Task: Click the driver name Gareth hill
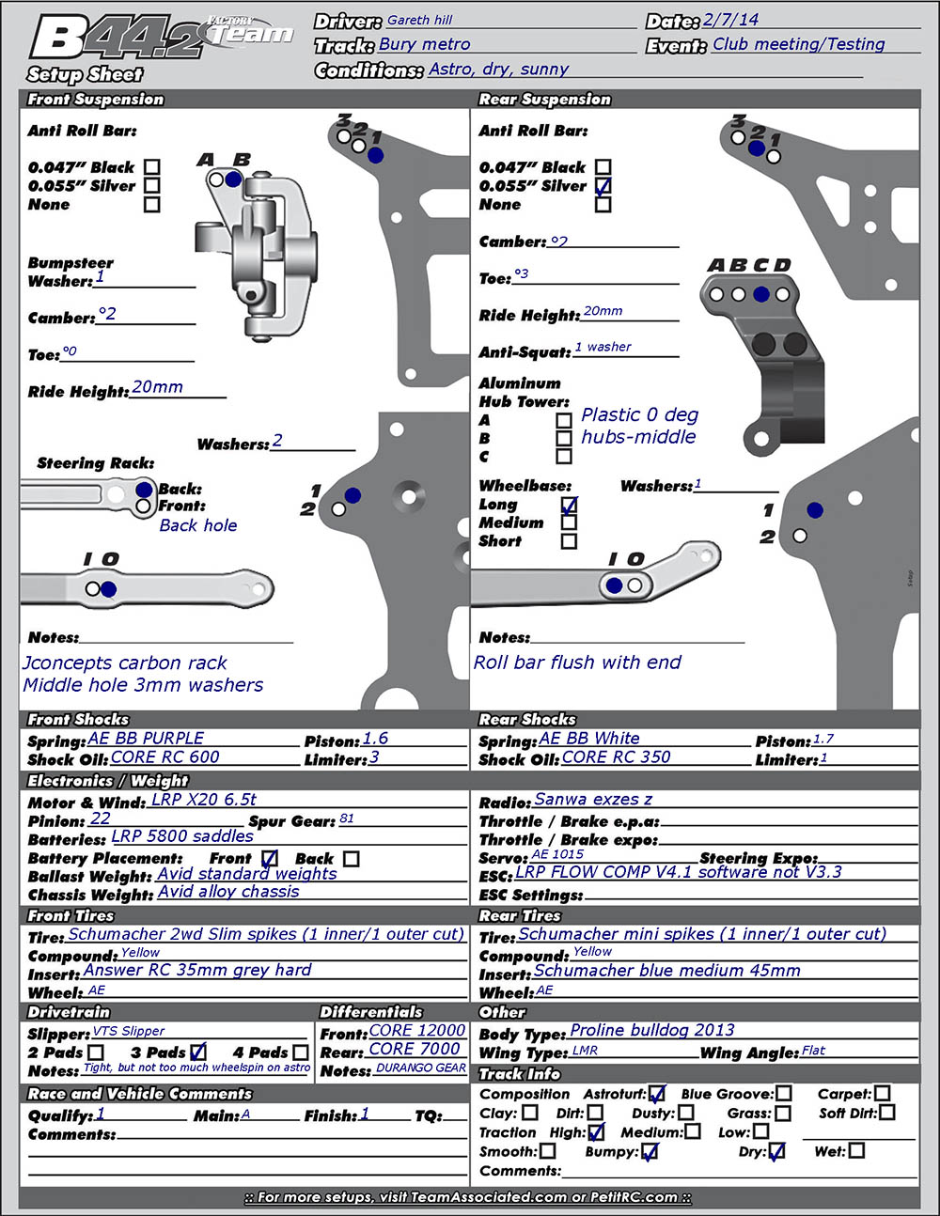click(x=419, y=20)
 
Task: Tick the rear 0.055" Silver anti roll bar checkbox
click(x=603, y=186)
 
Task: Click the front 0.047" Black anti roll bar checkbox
click(x=152, y=167)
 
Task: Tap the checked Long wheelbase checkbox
click(x=569, y=505)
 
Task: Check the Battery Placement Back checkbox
click(x=351, y=858)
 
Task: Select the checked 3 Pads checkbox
click(x=197, y=1052)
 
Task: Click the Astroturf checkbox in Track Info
click(x=657, y=1094)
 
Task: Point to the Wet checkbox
click(x=856, y=1150)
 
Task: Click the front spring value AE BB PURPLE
click(x=146, y=739)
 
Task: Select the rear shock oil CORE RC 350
click(x=616, y=757)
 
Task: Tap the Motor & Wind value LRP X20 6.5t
click(x=204, y=800)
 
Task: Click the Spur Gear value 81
click(x=347, y=818)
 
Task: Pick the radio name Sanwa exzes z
click(x=593, y=800)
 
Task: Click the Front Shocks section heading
click(x=78, y=720)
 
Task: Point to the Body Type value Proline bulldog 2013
click(x=652, y=1031)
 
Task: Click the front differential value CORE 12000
click(x=417, y=1031)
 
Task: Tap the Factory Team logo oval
click(x=248, y=33)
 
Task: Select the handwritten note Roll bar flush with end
click(x=577, y=663)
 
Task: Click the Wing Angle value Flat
click(x=813, y=1051)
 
